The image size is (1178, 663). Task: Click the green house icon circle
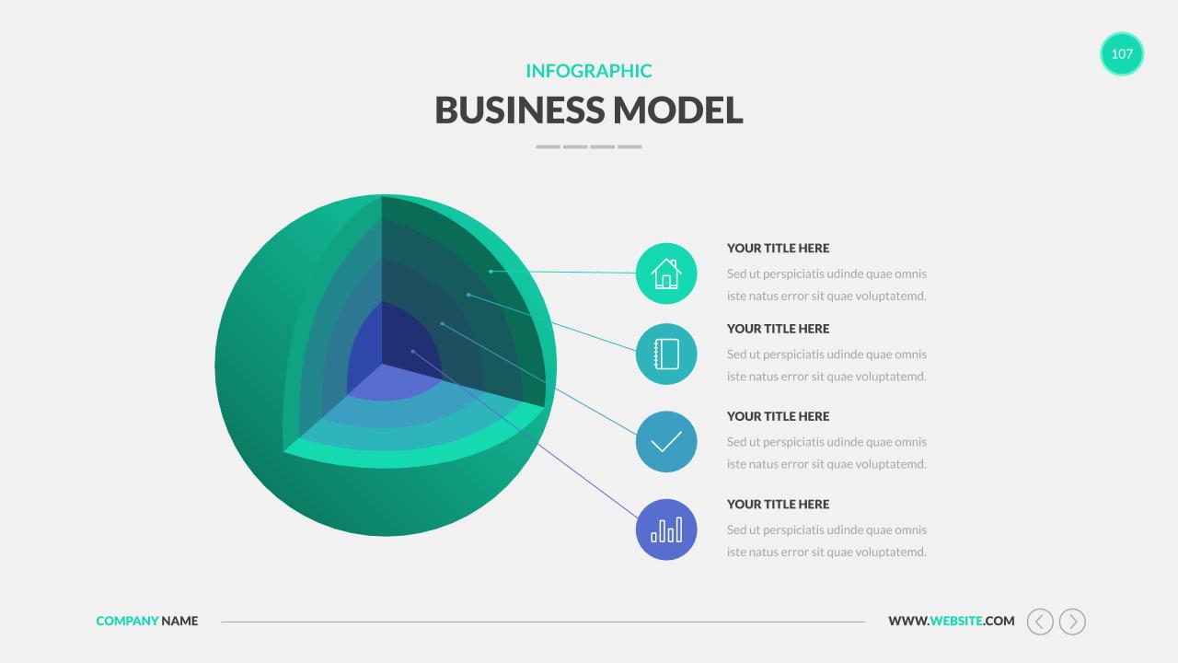(x=666, y=273)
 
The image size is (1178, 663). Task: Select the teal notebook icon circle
(x=666, y=354)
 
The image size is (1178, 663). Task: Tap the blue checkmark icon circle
(x=666, y=442)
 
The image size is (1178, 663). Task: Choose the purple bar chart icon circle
(x=666, y=529)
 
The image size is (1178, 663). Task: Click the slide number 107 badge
(x=1122, y=53)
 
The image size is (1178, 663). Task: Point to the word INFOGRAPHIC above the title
(x=589, y=71)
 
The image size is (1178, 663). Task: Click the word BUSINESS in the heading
(x=519, y=110)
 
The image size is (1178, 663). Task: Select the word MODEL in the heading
(x=678, y=110)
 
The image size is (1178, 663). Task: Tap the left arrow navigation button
(x=1040, y=622)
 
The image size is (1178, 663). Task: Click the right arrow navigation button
(x=1072, y=622)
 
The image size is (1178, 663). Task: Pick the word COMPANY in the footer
(x=127, y=622)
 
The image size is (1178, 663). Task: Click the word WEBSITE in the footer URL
(x=956, y=622)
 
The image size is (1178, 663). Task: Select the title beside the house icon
(x=778, y=249)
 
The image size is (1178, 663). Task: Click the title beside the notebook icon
(x=778, y=329)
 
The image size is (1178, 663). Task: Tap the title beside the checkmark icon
(x=778, y=416)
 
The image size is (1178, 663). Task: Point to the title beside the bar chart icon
(x=778, y=505)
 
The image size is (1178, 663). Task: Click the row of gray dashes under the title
(x=589, y=146)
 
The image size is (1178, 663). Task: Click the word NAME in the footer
(x=179, y=622)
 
